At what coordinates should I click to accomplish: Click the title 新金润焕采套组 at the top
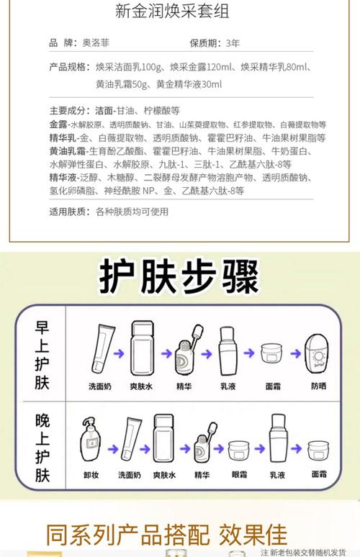(179, 12)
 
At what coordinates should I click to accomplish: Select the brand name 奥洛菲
(112, 43)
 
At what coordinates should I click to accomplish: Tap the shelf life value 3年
(233, 43)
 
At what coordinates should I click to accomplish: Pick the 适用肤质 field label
(68, 212)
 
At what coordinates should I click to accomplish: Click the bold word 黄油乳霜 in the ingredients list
(68, 150)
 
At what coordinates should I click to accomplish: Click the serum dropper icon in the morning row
(185, 349)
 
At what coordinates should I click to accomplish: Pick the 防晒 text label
(318, 386)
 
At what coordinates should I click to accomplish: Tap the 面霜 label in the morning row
(273, 386)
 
